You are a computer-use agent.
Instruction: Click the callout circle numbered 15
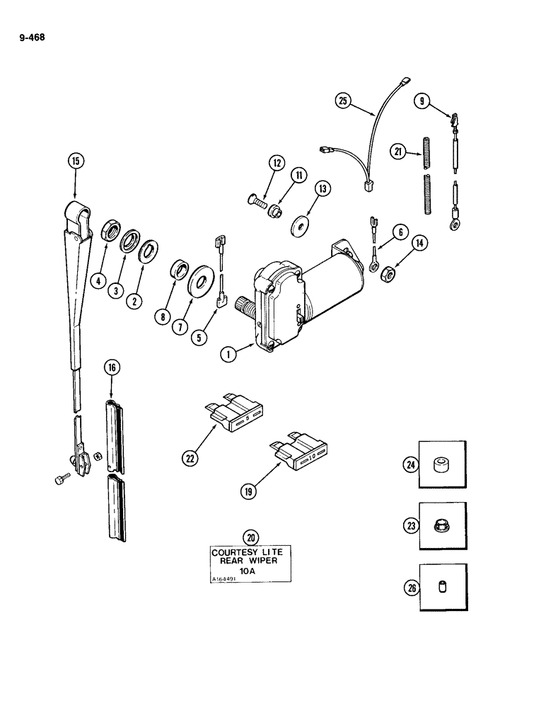coord(76,161)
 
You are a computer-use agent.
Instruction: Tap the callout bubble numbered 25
coord(343,101)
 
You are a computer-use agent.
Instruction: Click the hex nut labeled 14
coord(388,273)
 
